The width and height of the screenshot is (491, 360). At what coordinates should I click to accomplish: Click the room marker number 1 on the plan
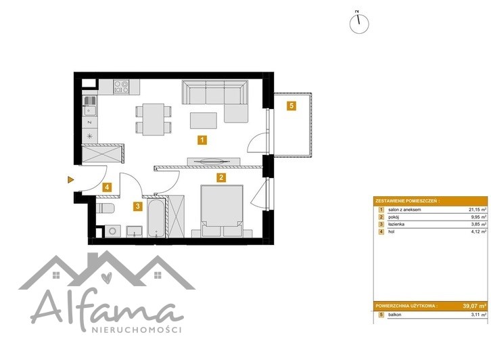pyautogui.click(x=202, y=140)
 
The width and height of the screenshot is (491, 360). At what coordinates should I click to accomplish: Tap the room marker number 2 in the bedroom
pyautogui.click(x=221, y=178)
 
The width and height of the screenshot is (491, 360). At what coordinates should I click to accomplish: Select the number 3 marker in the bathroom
pyautogui.click(x=137, y=206)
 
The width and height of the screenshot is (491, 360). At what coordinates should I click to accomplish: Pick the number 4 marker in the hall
pyautogui.click(x=107, y=187)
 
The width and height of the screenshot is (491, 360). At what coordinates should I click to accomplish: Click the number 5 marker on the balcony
pyautogui.click(x=291, y=106)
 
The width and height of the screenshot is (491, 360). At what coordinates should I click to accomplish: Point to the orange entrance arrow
pyautogui.click(x=71, y=179)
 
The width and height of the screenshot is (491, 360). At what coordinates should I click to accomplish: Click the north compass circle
pyautogui.click(x=359, y=24)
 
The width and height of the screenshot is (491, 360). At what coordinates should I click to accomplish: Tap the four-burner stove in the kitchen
pyautogui.click(x=121, y=87)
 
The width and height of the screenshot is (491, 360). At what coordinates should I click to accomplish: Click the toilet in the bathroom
pyautogui.click(x=105, y=208)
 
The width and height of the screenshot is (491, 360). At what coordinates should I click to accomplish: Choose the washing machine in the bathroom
pyautogui.click(x=112, y=231)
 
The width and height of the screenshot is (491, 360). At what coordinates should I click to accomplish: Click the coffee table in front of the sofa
pyautogui.click(x=204, y=120)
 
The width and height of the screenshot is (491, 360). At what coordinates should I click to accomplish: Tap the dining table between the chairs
pyautogui.click(x=154, y=119)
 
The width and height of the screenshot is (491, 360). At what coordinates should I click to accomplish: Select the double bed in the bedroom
pyautogui.click(x=222, y=210)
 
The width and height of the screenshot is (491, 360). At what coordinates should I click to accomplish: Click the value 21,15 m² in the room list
pyautogui.click(x=477, y=210)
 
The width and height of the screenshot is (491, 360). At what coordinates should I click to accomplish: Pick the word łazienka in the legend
pyautogui.click(x=396, y=225)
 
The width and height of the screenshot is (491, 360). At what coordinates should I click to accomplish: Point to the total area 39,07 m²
pyautogui.click(x=475, y=306)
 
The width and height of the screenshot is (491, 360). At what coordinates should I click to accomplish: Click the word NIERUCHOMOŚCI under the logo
pyautogui.click(x=136, y=330)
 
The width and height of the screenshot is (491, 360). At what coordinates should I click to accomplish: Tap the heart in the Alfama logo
pyautogui.click(x=107, y=277)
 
